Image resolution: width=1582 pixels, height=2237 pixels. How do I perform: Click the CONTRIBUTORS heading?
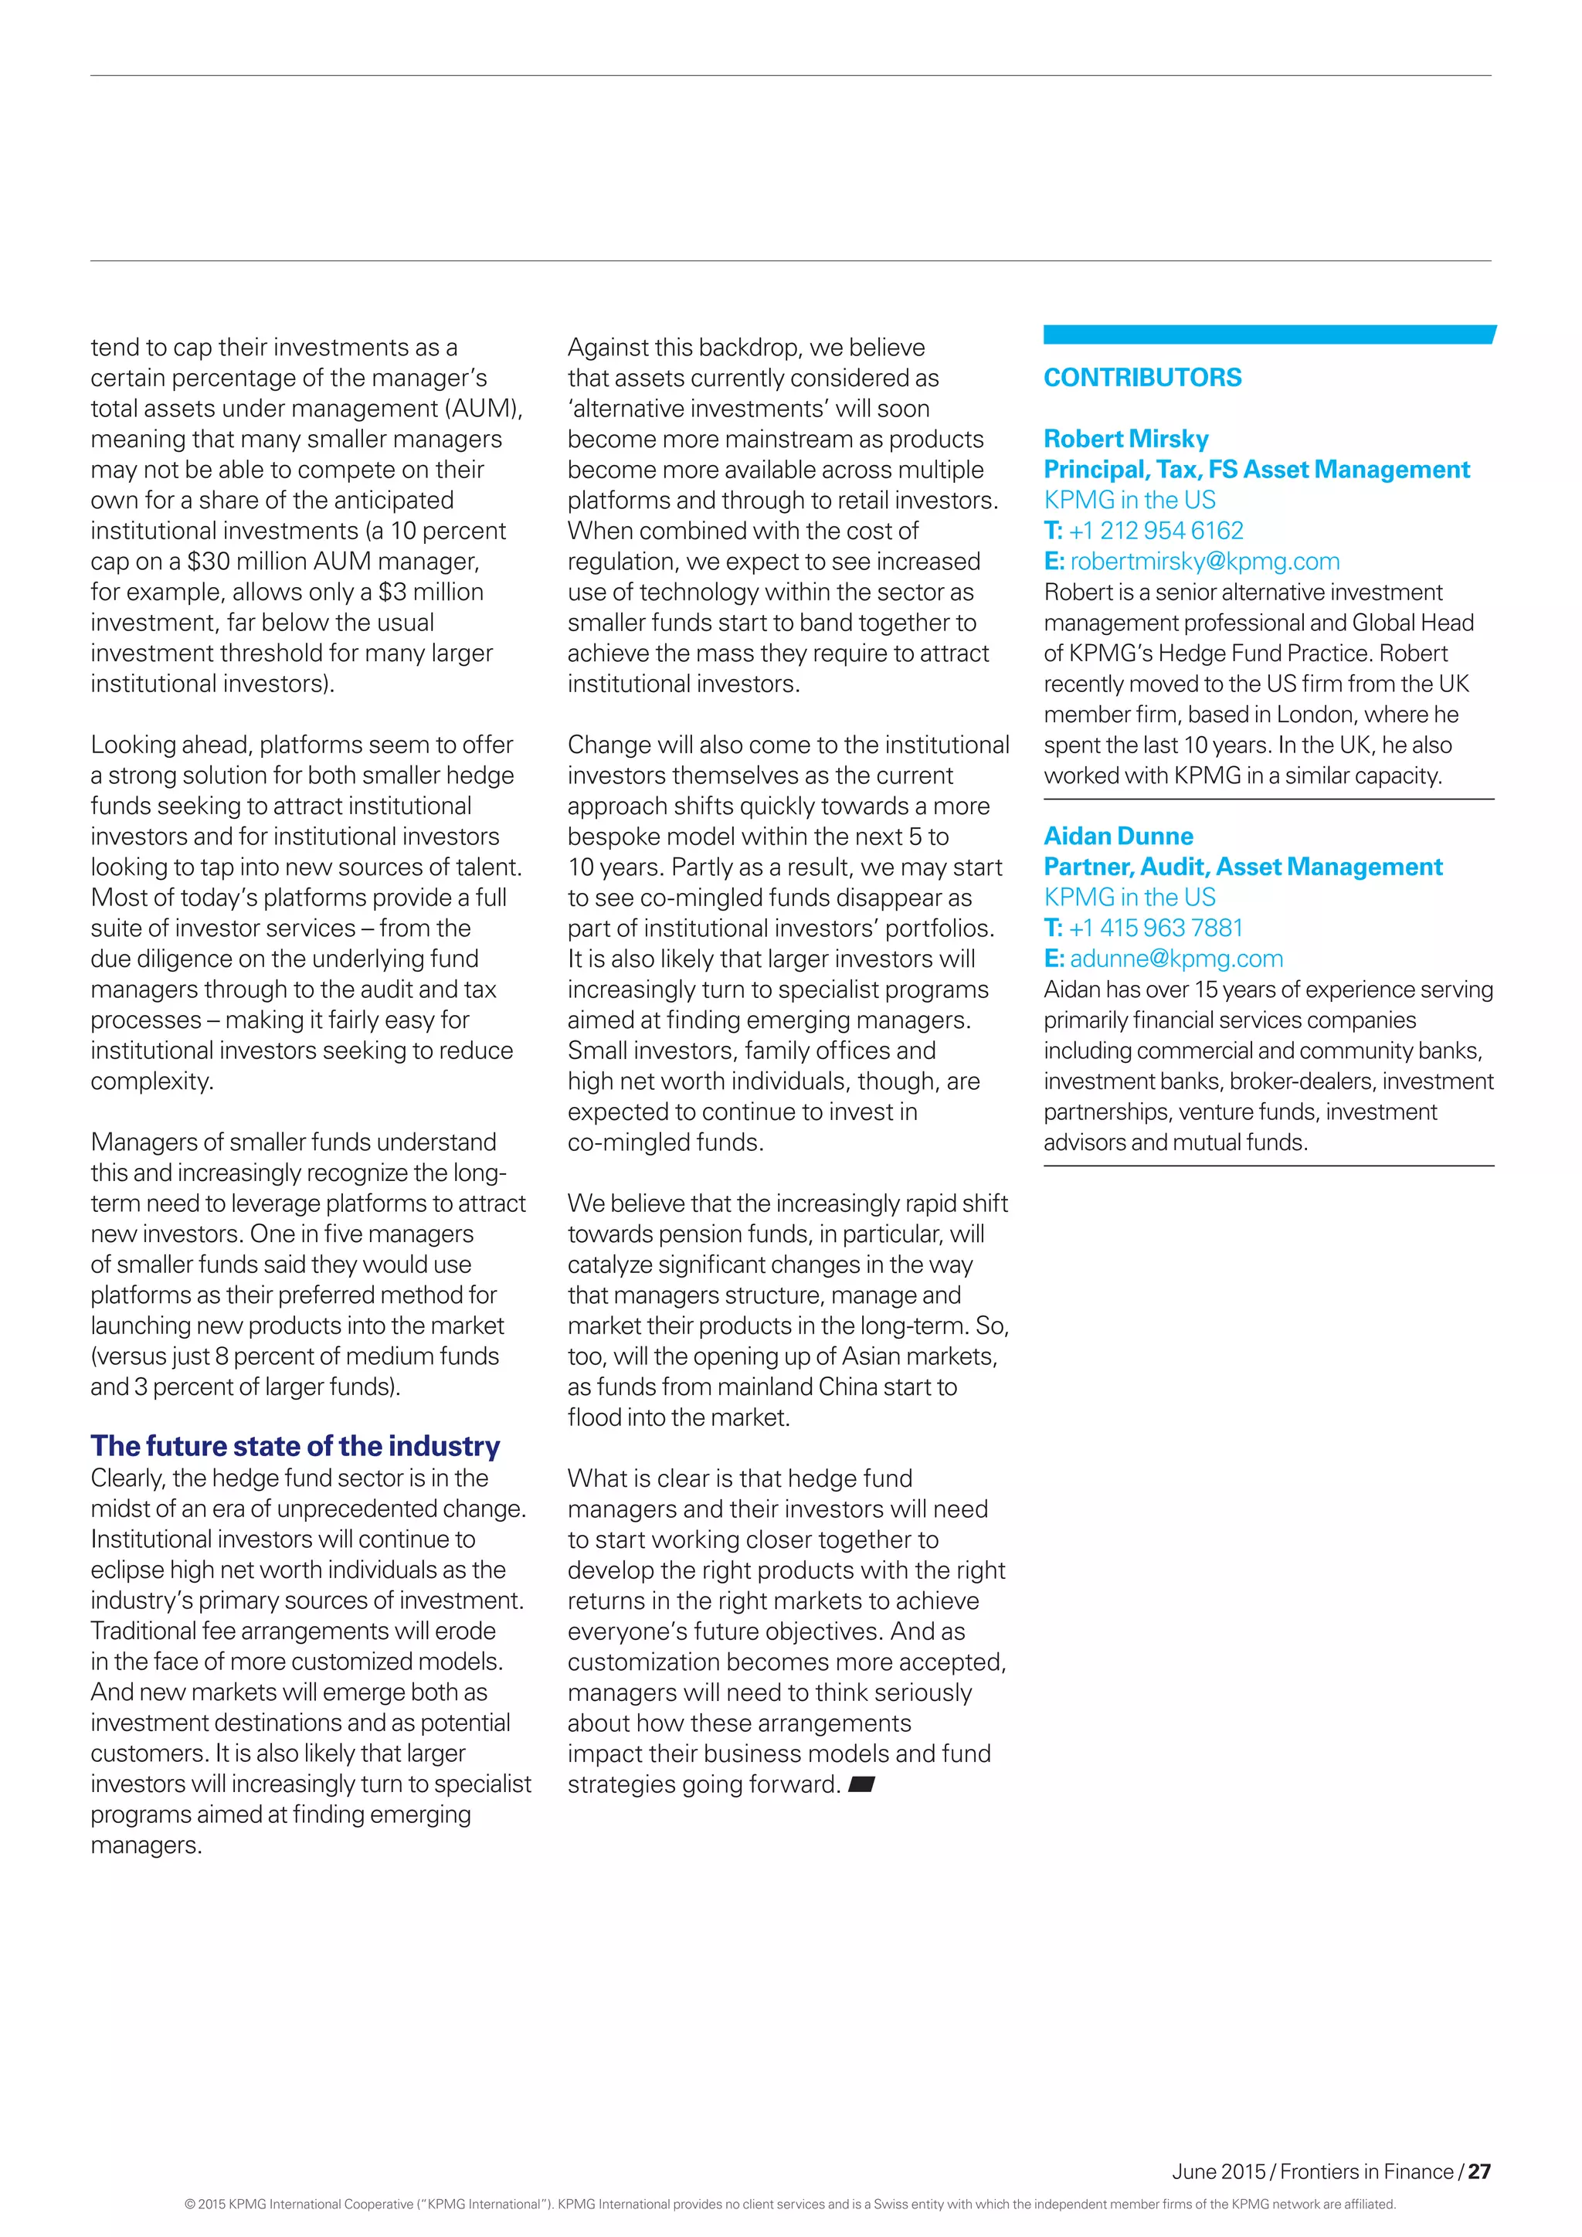[1142, 378]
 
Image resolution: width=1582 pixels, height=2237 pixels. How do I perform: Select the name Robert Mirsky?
[1125, 439]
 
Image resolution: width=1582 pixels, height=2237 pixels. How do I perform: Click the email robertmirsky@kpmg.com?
[1204, 562]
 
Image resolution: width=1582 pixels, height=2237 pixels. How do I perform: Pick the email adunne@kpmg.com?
[1176, 959]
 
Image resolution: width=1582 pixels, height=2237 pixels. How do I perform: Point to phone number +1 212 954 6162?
[1156, 531]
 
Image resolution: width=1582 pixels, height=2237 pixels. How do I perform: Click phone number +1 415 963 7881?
[1156, 928]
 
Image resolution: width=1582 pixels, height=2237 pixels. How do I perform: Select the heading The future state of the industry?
[294, 1446]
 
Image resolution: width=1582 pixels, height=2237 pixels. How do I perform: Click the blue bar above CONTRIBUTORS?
[1268, 334]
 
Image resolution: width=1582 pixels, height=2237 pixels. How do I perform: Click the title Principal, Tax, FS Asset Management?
[1256, 470]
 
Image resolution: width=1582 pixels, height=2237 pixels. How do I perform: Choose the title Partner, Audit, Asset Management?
[1242, 867]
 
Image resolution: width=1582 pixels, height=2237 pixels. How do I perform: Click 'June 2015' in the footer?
[1217, 2171]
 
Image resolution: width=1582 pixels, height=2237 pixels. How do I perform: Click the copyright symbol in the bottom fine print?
[189, 2204]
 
